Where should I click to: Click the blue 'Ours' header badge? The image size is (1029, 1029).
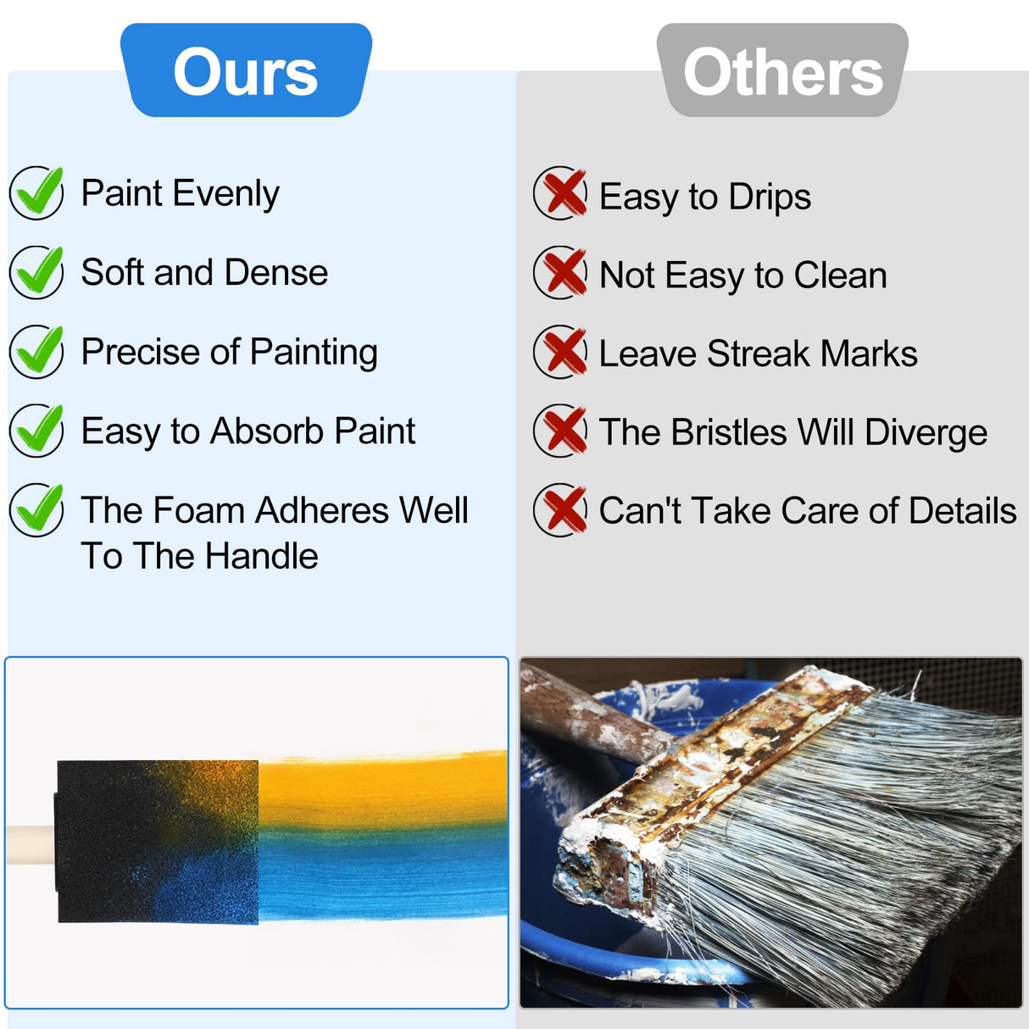[x=246, y=71]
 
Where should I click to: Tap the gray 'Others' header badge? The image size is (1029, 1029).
[x=782, y=71]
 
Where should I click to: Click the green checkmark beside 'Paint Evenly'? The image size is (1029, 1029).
[x=36, y=192]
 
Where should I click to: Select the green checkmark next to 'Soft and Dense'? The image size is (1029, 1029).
[x=36, y=272]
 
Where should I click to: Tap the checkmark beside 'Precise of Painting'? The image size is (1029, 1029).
[x=36, y=351]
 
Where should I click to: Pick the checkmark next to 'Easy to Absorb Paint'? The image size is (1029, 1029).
[x=36, y=431]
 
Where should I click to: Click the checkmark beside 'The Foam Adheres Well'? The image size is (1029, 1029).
[x=36, y=509]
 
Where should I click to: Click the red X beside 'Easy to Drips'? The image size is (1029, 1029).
[x=561, y=193]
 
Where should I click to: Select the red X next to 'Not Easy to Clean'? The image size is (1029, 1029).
[x=561, y=272]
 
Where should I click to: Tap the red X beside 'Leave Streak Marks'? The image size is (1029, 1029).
[x=561, y=351]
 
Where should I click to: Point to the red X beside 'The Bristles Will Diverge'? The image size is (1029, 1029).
[x=561, y=431]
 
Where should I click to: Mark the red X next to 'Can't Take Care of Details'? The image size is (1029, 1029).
[x=561, y=509]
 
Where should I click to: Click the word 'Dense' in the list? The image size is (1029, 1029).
[x=276, y=273]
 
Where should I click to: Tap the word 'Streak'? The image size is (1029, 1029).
[x=758, y=354]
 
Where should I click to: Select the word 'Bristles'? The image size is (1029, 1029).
[x=729, y=433]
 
